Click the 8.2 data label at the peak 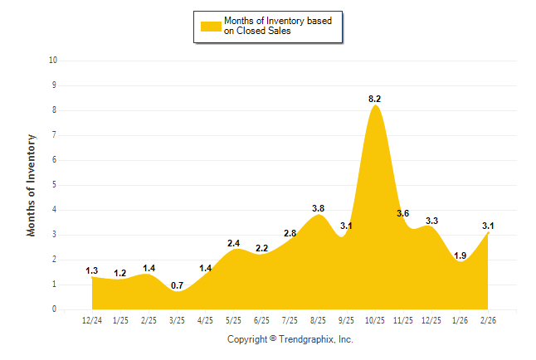tap(375, 99)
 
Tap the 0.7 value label tap(177, 285)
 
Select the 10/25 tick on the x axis tap(375, 320)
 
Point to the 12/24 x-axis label tap(92, 320)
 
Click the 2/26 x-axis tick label tap(488, 320)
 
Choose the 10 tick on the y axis tap(53, 61)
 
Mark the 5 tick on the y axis tap(54, 185)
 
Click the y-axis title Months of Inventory tap(32, 185)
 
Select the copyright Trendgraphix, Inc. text tap(290, 339)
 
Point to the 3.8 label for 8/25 tap(319, 208)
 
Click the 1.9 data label tap(460, 255)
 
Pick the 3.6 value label tap(403, 213)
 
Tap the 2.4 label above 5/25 tap(234, 243)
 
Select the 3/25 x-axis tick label tap(177, 320)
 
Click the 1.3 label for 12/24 tap(92, 270)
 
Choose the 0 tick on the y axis tap(54, 309)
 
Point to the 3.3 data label tap(431, 221)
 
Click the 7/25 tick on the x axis tap(290, 320)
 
